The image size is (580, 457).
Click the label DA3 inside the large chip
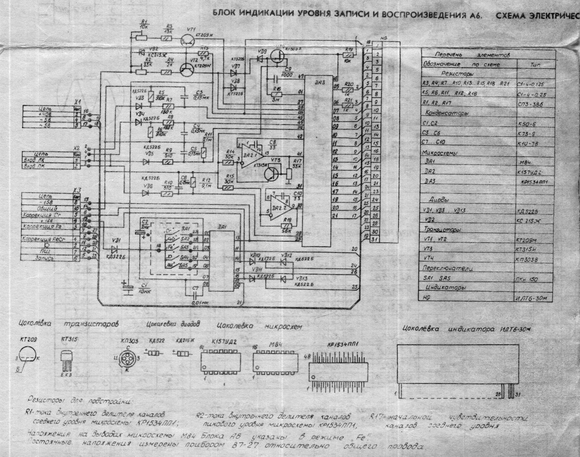[x=319, y=82]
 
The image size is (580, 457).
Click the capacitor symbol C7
[x=195, y=296]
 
